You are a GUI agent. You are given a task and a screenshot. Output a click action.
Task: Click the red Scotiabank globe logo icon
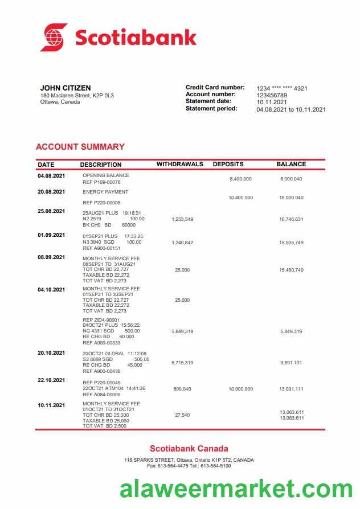click(x=54, y=38)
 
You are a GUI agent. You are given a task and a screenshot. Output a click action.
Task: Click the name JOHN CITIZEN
click(x=66, y=88)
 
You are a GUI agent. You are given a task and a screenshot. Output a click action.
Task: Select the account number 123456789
click(x=272, y=95)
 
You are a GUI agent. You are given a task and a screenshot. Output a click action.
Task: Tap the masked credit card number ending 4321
click(x=282, y=88)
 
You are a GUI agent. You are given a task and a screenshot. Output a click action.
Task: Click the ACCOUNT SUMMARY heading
click(x=80, y=147)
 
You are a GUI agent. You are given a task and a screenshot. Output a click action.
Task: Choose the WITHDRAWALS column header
click(x=179, y=164)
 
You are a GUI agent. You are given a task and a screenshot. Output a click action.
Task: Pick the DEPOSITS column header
click(x=228, y=164)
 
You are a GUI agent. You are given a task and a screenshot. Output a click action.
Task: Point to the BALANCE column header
click(x=291, y=164)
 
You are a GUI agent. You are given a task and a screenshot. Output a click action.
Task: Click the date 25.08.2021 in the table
click(x=51, y=211)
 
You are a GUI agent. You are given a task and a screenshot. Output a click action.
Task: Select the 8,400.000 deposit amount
click(x=240, y=179)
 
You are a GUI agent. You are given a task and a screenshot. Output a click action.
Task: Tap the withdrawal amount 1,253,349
click(x=182, y=219)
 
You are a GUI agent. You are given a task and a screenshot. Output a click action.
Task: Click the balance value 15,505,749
click(x=291, y=243)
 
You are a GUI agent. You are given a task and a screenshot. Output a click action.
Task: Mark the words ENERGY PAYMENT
click(x=105, y=192)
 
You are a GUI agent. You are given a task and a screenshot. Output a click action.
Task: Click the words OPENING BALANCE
click(x=106, y=175)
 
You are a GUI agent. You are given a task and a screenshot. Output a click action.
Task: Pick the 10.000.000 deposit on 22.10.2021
click(x=240, y=389)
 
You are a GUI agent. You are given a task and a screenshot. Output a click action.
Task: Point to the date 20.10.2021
click(x=51, y=353)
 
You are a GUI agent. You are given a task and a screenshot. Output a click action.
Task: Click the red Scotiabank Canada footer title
click(x=189, y=449)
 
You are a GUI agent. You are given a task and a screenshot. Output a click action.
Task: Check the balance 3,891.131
click(x=291, y=363)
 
